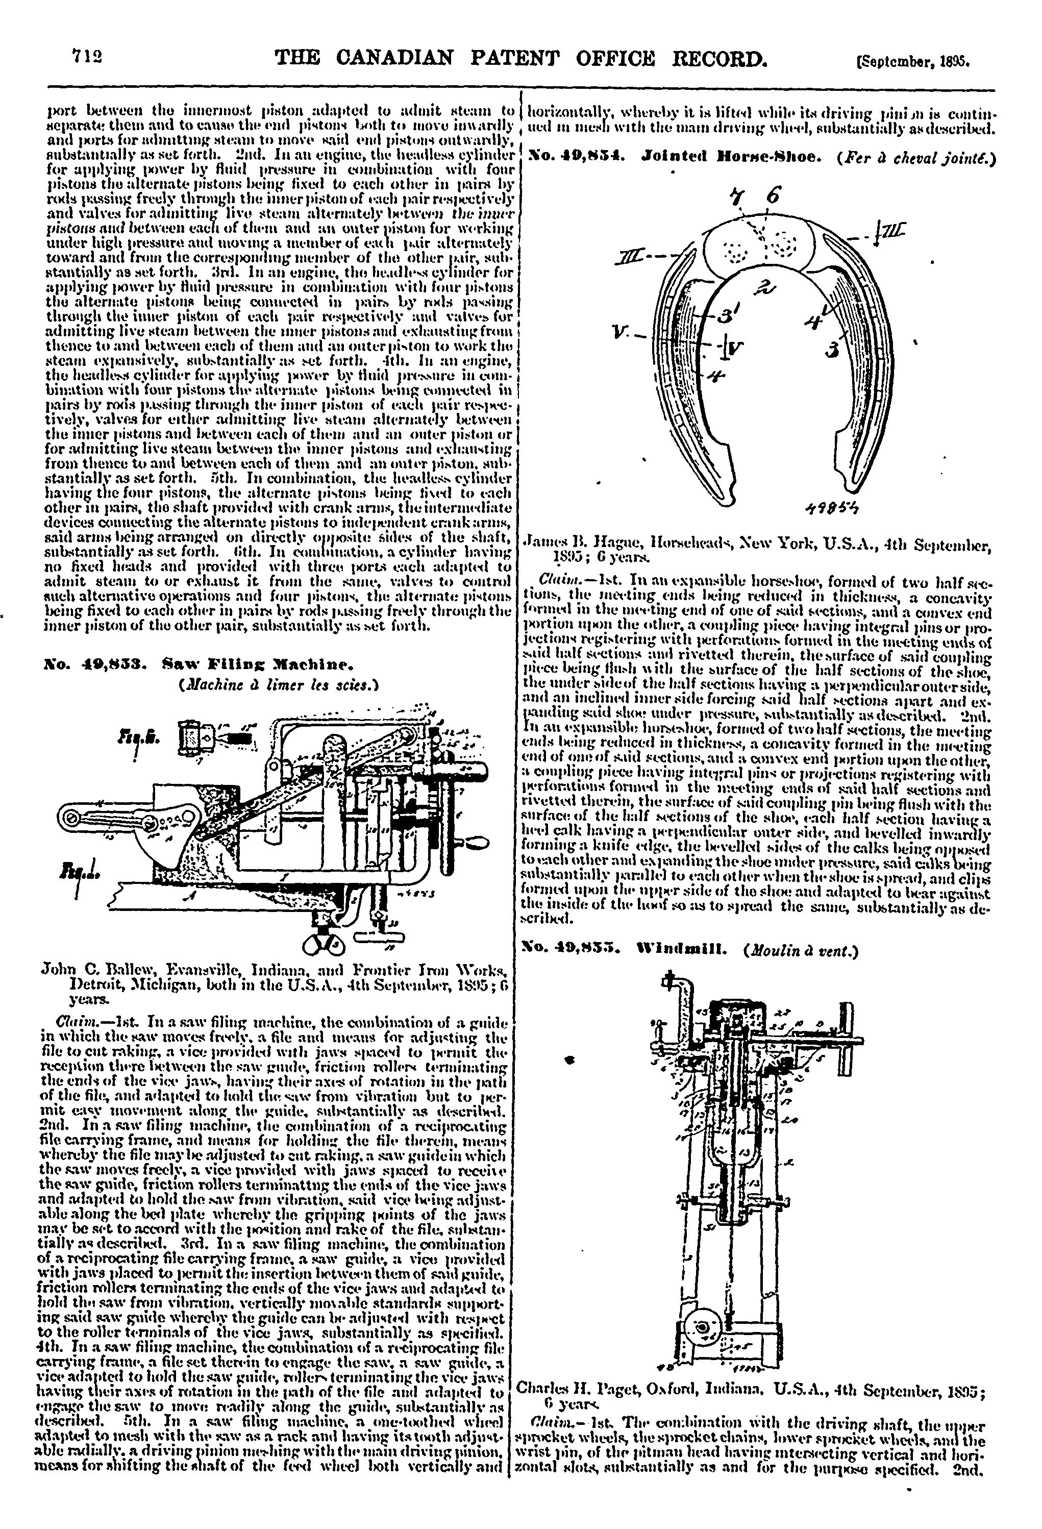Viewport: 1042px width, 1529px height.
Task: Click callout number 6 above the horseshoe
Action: click(774, 195)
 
